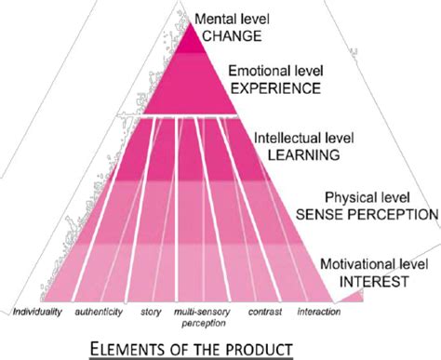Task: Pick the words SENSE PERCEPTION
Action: coord(367,214)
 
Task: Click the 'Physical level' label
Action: coord(366,198)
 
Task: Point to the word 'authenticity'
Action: coord(100,310)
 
